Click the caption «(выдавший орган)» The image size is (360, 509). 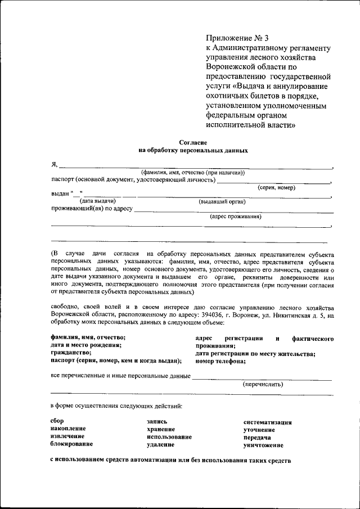coord(221,201)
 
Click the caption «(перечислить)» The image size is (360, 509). coord(263,385)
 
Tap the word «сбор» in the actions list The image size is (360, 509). coord(57,421)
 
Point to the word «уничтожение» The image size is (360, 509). coord(263,444)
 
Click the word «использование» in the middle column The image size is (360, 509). coord(169,436)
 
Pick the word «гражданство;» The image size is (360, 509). coord(71,353)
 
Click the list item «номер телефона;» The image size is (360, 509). coord(220,361)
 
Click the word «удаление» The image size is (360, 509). coord(160,444)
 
